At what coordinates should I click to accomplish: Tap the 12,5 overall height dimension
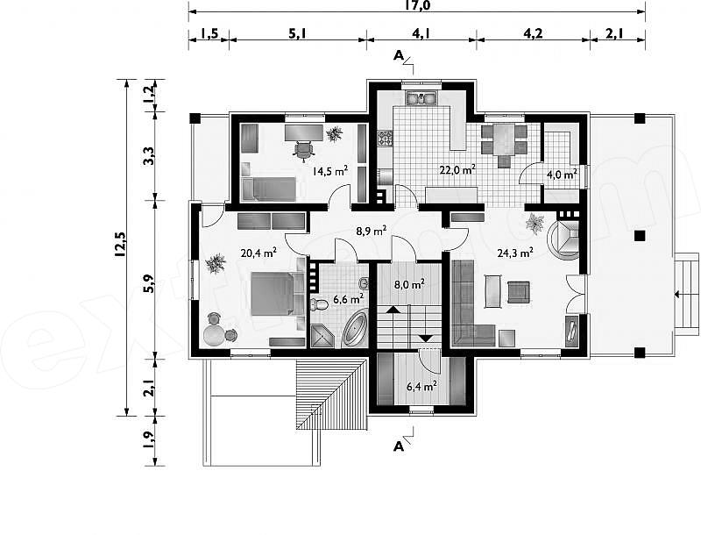120,244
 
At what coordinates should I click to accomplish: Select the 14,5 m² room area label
330,171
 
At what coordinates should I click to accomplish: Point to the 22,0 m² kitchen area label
457,170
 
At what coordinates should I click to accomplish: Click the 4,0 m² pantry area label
562,175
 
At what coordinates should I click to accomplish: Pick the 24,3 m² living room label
515,253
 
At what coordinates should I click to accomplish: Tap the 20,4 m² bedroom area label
258,253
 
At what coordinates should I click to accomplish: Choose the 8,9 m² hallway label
371,231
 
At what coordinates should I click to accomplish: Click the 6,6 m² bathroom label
348,298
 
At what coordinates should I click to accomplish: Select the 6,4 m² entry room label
421,386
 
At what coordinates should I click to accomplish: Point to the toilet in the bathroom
319,305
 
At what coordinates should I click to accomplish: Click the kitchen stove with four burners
385,139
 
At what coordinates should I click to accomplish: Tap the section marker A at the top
399,55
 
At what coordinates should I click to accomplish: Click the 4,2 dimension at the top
533,33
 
